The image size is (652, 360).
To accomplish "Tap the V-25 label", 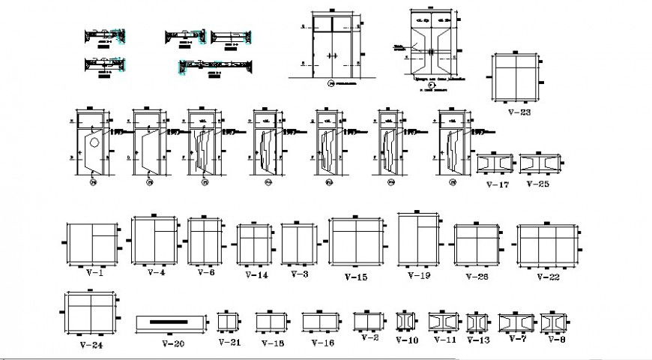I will click(x=537, y=183).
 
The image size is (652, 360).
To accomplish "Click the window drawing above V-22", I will click(x=548, y=244).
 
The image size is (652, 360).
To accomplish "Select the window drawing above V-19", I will click(x=418, y=239).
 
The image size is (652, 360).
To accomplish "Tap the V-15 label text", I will click(x=356, y=277).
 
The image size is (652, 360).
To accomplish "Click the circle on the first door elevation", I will click(x=94, y=142).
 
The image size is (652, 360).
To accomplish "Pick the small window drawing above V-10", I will click(x=405, y=321).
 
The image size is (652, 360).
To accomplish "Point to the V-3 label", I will click(x=299, y=274).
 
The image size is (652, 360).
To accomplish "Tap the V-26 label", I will click(x=477, y=276).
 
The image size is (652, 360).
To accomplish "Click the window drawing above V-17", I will click(x=495, y=163).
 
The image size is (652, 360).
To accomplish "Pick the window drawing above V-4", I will click(x=154, y=241).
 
